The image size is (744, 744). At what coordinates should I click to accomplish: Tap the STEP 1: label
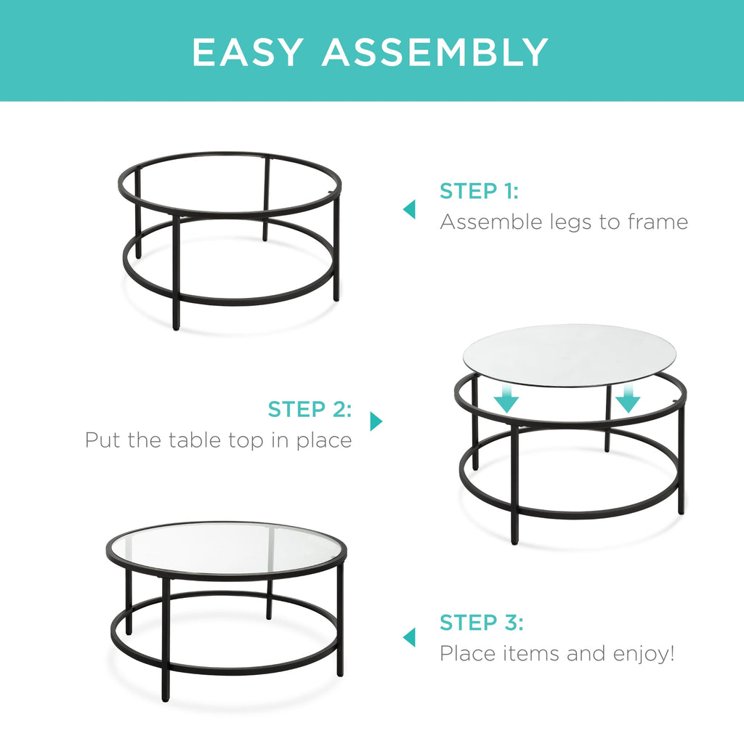point(479,192)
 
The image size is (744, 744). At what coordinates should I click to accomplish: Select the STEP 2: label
point(310,409)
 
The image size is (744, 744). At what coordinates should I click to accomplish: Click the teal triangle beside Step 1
point(410,209)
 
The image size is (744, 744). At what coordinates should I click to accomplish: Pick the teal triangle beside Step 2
point(376,421)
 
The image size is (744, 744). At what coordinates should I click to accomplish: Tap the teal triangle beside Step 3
point(410,637)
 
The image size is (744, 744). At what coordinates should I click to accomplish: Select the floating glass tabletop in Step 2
point(570,355)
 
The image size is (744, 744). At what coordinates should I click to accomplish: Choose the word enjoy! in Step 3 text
point(639,654)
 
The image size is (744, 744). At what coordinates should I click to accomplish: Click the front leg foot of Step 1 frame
point(176,325)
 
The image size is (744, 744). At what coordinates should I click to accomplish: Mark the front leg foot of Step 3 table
point(166,697)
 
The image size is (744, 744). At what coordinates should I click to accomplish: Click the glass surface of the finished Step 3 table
point(225,547)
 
